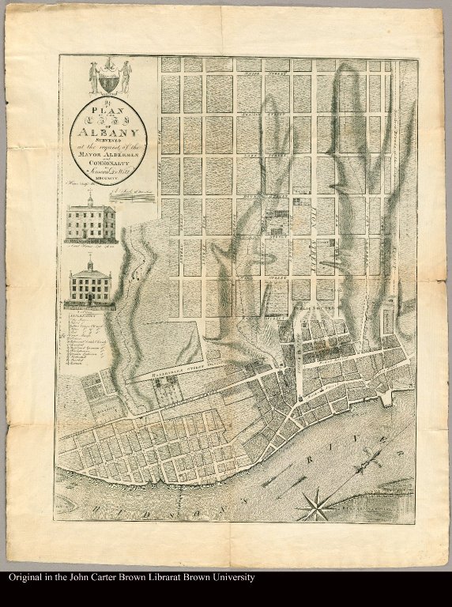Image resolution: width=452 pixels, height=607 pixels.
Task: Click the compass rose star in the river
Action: click(x=318, y=504)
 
